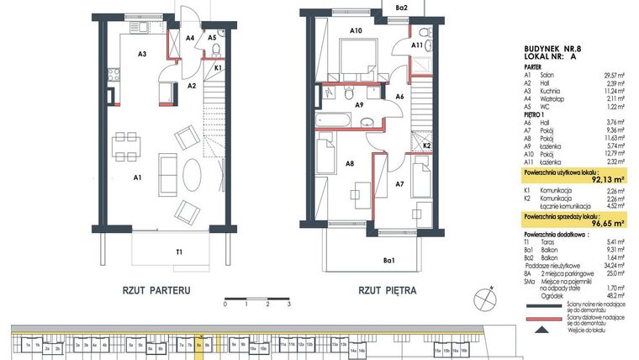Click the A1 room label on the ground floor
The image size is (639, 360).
coord(135,177)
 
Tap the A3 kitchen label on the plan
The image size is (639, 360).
coord(143,54)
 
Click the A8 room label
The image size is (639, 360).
coord(349,164)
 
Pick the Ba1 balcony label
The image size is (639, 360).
coord(388,262)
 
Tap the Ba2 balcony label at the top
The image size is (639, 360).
coord(402,8)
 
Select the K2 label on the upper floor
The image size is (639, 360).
coord(427,146)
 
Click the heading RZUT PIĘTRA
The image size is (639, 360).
coord(388,291)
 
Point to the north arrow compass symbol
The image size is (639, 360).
coord(483,297)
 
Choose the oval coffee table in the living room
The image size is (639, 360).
coord(193,176)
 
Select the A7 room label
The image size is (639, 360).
coord(399,183)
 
